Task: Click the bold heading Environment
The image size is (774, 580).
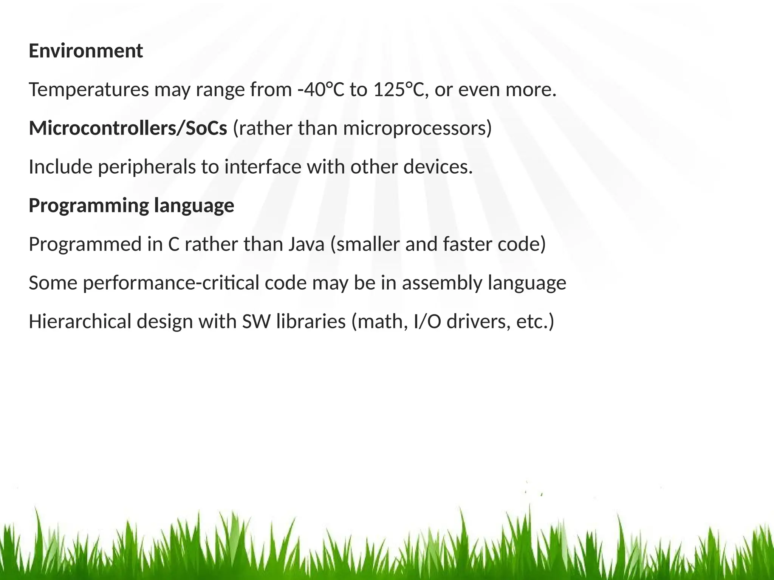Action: tap(86, 51)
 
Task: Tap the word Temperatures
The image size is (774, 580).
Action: tap(89, 90)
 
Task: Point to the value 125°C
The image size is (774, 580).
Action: tap(401, 90)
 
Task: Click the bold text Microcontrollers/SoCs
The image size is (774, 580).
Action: tap(128, 128)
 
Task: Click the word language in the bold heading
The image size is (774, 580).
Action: tap(194, 206)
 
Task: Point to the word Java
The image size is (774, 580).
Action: tap(307, 244)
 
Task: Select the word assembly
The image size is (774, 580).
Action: tap(442, 283)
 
